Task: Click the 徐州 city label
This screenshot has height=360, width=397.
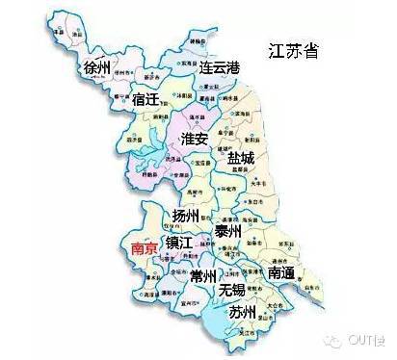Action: point(99,67)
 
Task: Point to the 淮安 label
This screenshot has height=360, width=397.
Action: point(195,140)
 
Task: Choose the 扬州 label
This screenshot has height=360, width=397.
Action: point(186,215)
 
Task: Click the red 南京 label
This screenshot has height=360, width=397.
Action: point(142,247)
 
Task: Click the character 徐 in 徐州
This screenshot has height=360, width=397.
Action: point(92,67)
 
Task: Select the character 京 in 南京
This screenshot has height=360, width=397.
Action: point(149,247)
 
